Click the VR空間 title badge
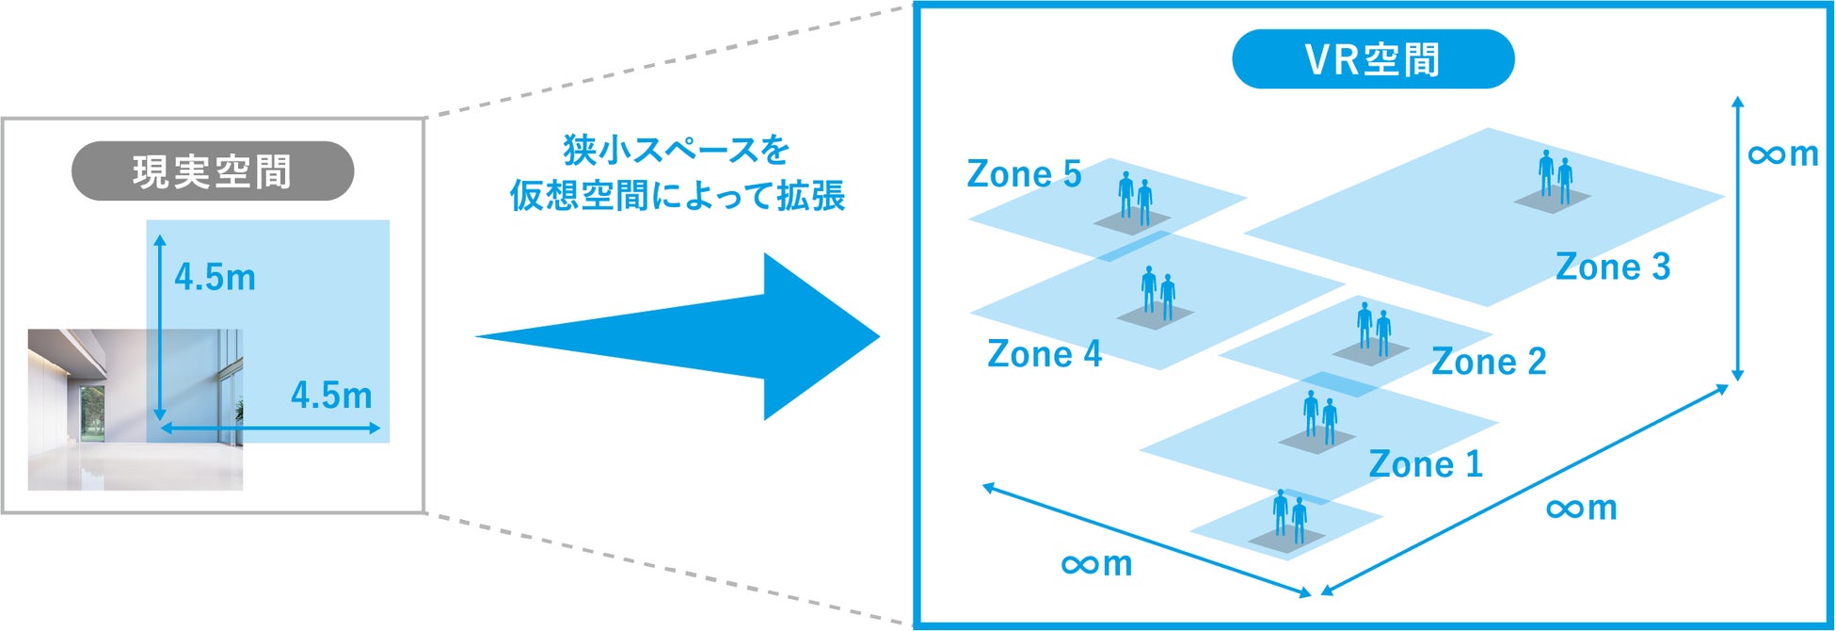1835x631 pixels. click(x=1372, y=59)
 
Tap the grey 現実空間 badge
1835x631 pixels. click(x=213, y=171)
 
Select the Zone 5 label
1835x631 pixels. click(x=1024, y=174)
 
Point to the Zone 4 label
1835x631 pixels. click(x=1044, y=354)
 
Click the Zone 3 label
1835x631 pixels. click(x=1612, y=267)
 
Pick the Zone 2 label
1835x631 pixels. click(x=1488, y=362)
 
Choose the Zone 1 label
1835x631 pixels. click(x=1425, y=464)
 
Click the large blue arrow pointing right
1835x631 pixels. click(x=696, y=336)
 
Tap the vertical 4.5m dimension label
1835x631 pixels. click(x=215, y=278)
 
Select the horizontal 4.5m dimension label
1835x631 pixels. click(x=331, y=396)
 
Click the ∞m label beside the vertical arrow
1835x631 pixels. click(x=1782, y=154)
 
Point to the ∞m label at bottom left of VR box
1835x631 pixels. click(x=1095, y=563)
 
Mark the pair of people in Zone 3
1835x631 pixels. click(x=1555, y=177)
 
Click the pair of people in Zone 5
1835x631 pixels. click(x=1135, y=199)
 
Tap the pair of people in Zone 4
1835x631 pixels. click(x=1157, y=293)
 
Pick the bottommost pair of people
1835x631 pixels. click(x=1289, y=516)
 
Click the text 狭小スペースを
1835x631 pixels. click(x=676, y=150)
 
